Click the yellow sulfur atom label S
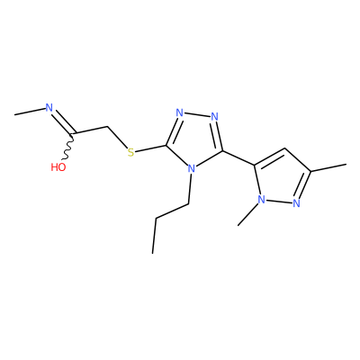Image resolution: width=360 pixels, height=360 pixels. (130, 152)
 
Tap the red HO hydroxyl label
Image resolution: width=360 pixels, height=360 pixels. (58, 167)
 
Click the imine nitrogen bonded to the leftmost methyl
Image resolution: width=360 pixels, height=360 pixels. (49, 108)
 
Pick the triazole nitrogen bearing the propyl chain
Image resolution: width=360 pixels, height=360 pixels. (191, 168)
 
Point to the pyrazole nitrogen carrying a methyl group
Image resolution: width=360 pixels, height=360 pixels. (261, 199)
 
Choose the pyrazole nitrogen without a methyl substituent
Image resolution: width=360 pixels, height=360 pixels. (297, 203)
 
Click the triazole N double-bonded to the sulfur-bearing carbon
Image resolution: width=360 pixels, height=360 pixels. (179, 112)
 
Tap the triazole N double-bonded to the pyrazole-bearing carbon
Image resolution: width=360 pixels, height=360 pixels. (214, 116)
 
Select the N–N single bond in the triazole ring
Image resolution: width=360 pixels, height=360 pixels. (197, 114)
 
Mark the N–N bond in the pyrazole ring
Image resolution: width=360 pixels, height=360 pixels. (279, 202)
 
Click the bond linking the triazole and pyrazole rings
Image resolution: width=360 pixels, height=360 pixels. (238, 157)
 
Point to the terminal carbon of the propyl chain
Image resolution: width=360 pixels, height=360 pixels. (153, 254)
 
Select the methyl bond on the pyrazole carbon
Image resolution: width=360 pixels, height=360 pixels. (328, 167)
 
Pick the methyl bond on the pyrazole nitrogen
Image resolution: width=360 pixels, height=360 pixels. (247, 214)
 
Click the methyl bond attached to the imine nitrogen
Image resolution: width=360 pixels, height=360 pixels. (30, 112)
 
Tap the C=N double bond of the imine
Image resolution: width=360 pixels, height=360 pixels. (63, 121)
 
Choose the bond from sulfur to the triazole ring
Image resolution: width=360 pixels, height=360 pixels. (150, 148)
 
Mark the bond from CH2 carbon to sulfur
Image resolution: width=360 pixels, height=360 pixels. (117, 138)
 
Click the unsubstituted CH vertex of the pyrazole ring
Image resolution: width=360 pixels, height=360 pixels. (285, 148)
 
